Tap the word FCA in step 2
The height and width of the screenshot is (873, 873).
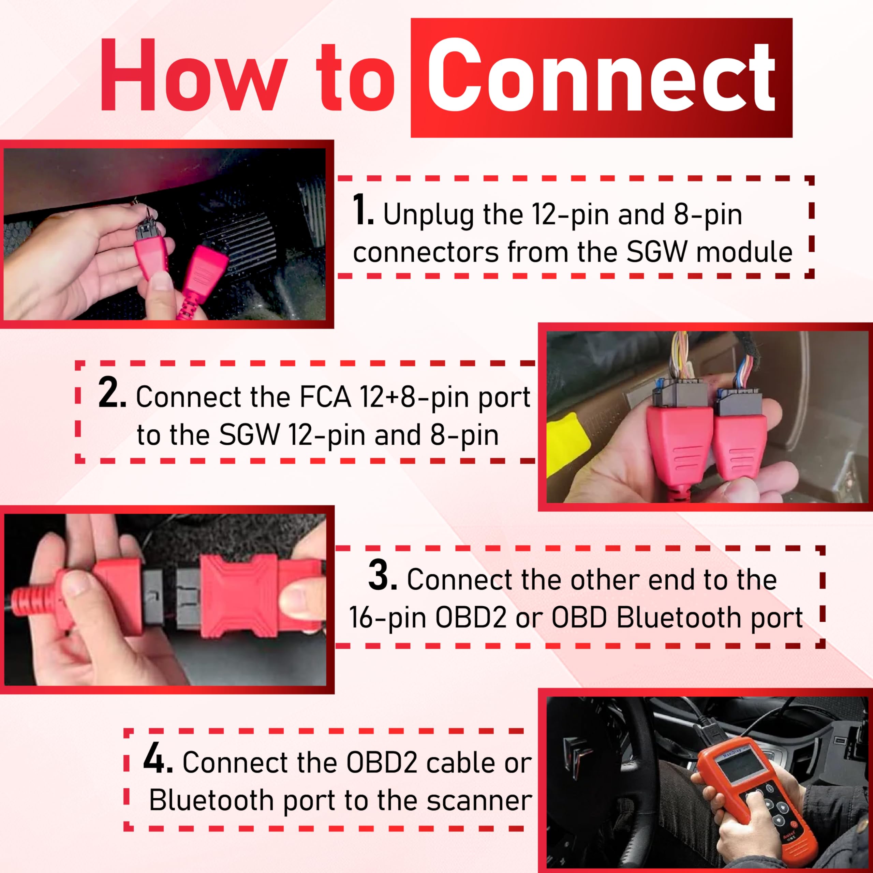point(326,397)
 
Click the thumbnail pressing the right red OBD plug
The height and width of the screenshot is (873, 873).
point(294,599)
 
